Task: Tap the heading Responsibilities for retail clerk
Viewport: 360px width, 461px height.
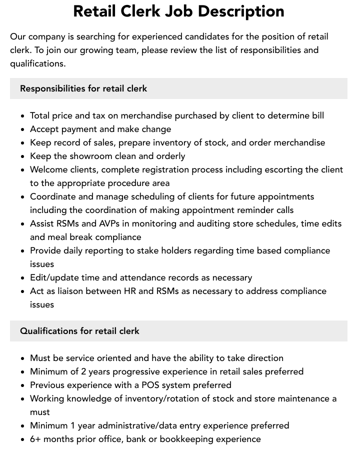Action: [x=83, y=88]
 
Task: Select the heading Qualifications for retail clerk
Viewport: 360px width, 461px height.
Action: [x=79, y=331]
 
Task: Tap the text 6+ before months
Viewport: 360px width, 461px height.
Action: [x=36, y=439]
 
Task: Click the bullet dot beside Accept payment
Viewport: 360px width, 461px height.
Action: [x=23, y=129]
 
